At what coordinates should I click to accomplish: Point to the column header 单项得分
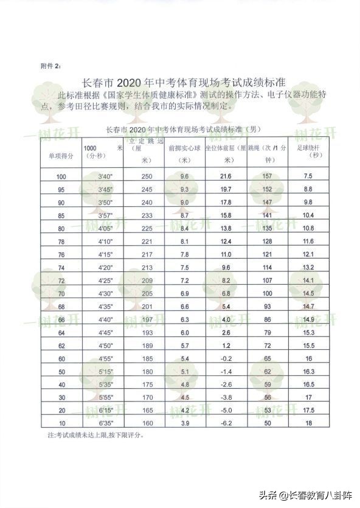tap(61, 156)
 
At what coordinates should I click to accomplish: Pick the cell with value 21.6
tap(226, 176)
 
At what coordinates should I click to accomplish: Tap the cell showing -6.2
tap(226, 423)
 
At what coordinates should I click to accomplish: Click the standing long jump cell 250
tap(146, 176)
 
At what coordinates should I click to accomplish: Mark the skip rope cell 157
tap(266, 176)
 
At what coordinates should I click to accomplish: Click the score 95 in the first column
tap(61, 189)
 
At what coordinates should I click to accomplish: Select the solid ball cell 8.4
tap(185, 228)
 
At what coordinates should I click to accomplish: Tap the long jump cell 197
tap(146, 319)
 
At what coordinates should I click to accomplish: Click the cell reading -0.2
tap(226, 358)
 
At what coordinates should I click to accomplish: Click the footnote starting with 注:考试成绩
tap(95, 436)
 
